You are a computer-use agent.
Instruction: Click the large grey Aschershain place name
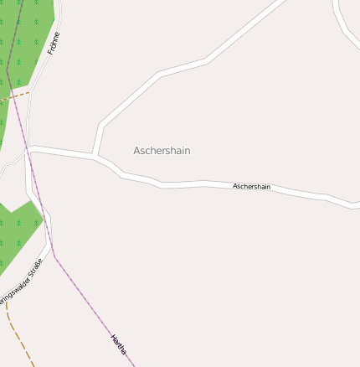click(162, 151)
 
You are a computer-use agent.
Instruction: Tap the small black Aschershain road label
click(251, 186)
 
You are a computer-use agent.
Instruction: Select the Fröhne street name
click(54, 44)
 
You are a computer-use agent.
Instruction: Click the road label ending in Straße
click(21, 283)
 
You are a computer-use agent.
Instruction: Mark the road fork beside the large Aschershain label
click(95, 156)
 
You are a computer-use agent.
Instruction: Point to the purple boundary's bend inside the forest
click(8, 74)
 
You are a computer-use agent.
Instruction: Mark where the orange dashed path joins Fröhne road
click(30, 92)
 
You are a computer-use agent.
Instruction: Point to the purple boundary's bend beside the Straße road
click(54, 255)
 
